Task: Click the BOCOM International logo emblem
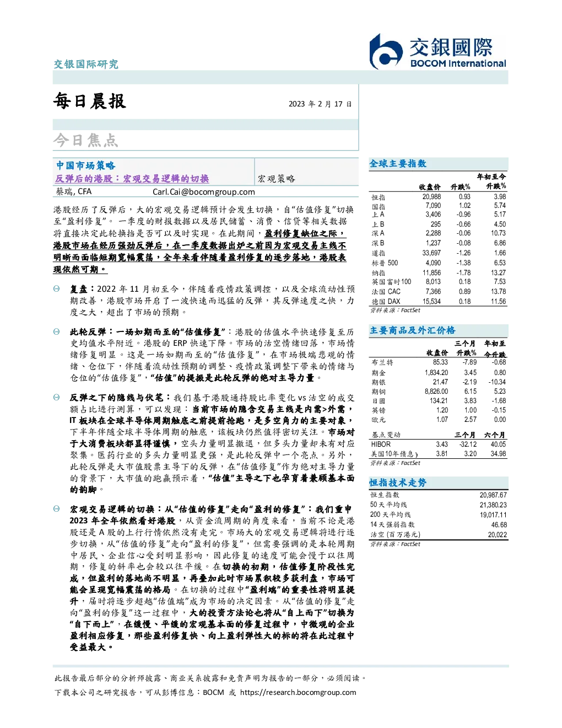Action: [x=386, y=51]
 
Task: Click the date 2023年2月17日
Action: [x=320, y=104]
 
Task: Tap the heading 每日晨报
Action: [x=90, y=101]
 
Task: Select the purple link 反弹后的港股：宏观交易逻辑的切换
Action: [x=132, y=179]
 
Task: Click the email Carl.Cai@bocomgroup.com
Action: [x=203, y=192]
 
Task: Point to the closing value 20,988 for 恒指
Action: [x=431, y=197]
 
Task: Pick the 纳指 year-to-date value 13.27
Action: [x=498, y=272]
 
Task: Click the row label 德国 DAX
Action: [x=386, y=302]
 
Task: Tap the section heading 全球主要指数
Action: [x=398, y=163]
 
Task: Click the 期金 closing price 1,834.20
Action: [x=436, y=372]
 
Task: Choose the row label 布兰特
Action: [x=382, y=362]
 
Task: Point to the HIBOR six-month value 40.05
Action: [x=499, y=444]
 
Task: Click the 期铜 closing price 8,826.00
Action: [x=436, y=392]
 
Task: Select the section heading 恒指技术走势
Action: [x=398, y=483]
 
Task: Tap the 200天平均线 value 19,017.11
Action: [x=493, y=515]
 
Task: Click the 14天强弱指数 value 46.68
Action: [x=499, y=524]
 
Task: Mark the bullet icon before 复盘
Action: [x=57, y=289]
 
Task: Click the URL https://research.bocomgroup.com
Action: [x=298, y=692]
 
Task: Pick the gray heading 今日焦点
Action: [x=86, y=140]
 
